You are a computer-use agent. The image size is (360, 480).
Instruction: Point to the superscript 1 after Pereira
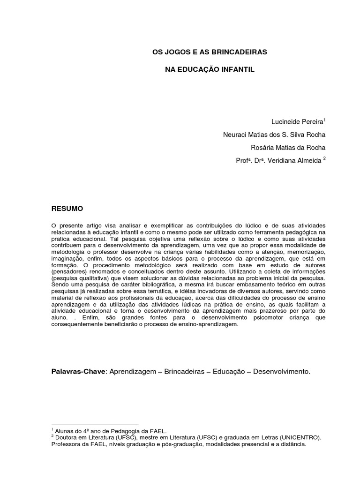pyautogui.click(x=324, y=120)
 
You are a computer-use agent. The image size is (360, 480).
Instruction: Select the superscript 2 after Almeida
pyautogui.click(x=324, y=158)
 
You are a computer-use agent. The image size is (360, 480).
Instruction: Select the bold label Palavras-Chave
pyautogui.click(x=79, y=371)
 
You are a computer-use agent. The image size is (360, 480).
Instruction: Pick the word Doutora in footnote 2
pyautogui.click(x=66, y=437)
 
